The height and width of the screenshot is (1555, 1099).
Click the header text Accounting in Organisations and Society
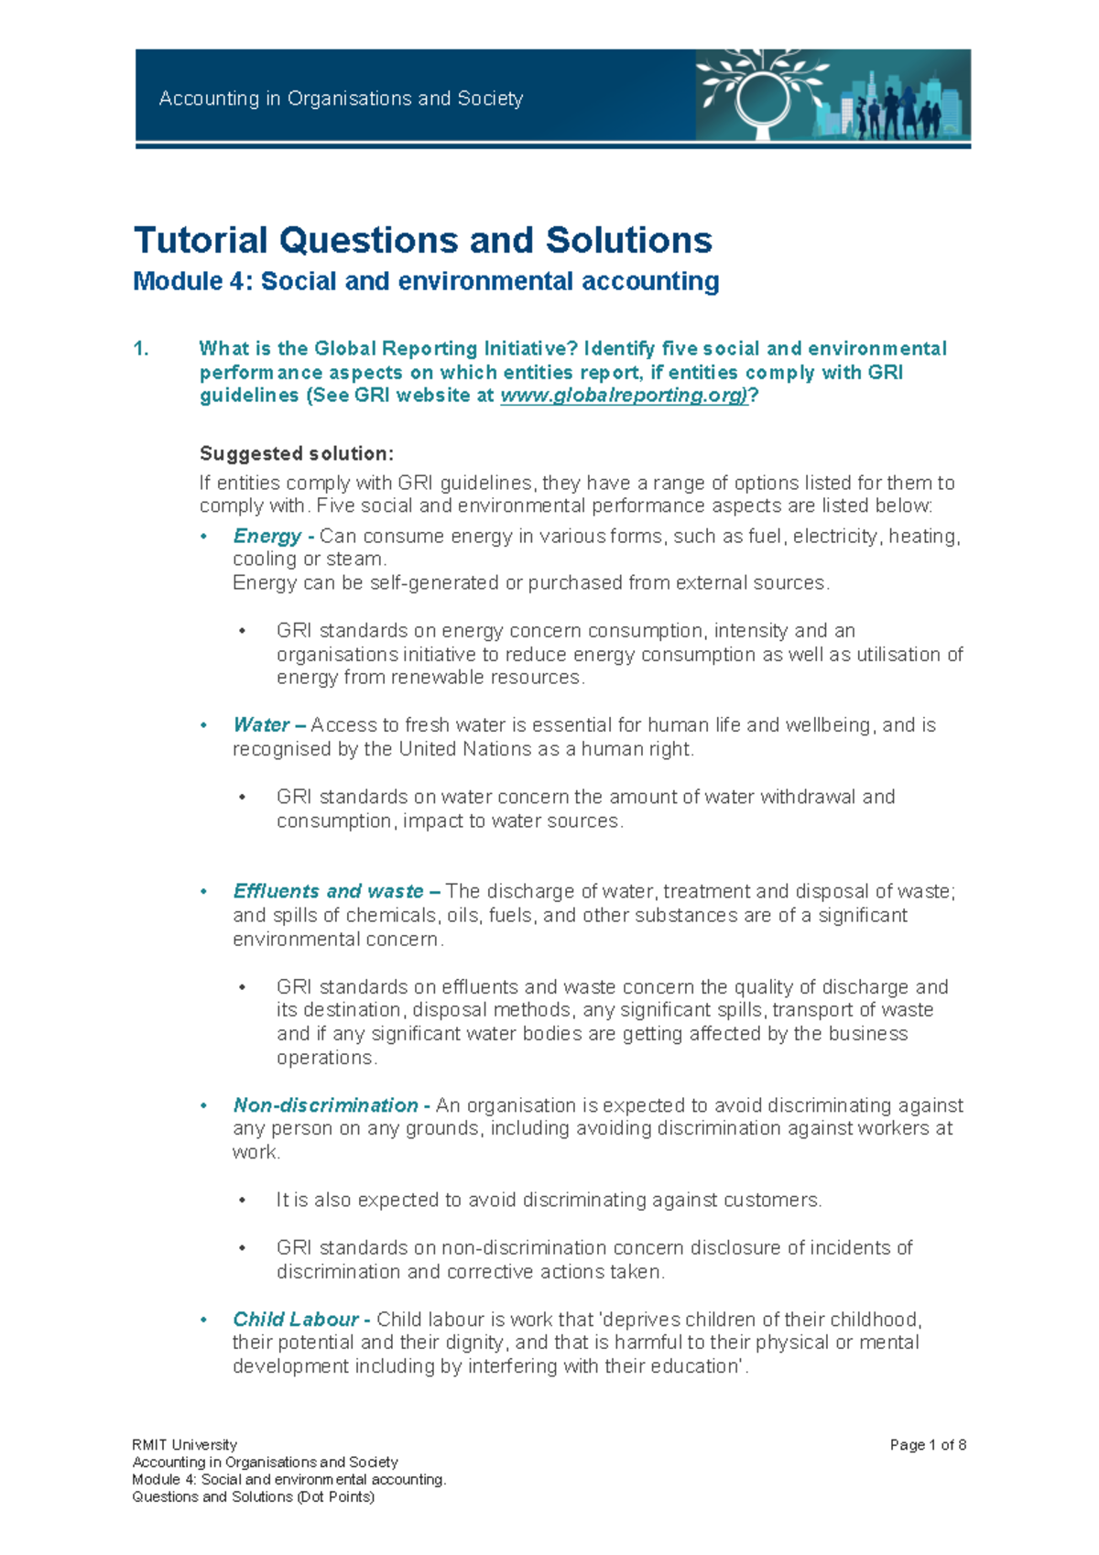coord(341,99)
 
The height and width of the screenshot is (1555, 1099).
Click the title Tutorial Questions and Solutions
coord(422,240)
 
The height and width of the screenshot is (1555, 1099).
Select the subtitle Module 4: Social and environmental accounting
coord(426,281)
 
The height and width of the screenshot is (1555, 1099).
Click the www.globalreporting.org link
coord(624,396)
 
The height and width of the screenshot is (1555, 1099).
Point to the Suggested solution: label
coord(297,453)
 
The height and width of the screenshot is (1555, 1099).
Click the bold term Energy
coord(267,536)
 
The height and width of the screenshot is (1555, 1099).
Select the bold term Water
coord(261,725)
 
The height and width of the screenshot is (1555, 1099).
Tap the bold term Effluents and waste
coord(328,891)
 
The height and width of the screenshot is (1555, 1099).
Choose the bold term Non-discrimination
coord(325,1105)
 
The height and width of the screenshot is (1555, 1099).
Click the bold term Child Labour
coord(295,1320)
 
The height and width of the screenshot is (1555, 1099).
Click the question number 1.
coord(140,349)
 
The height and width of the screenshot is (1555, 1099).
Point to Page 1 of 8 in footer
coord(928,1445)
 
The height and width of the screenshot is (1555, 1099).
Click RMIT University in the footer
coord(184,1445)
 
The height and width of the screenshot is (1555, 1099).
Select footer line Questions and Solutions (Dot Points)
coord(253,1496)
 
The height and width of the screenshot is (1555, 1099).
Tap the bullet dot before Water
coord(204,726)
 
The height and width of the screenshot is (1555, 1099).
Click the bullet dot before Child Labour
coord(204,1321)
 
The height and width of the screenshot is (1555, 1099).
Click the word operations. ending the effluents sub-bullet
coord(326,1058)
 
